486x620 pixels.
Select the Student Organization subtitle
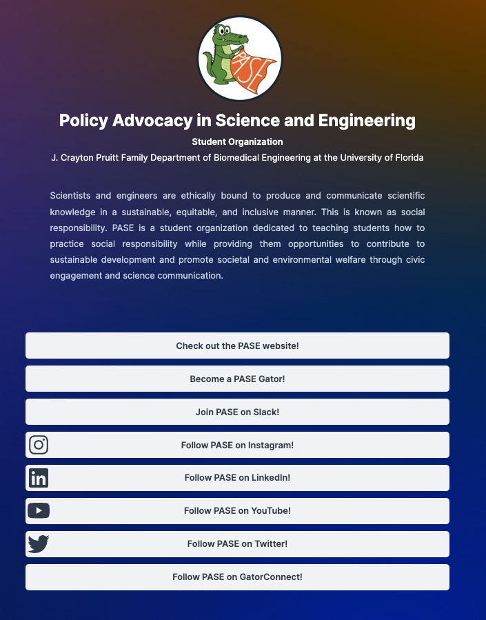pyautogui.click(x=237, y=142)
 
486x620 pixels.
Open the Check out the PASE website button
pyautogui.click(x=237, y=346)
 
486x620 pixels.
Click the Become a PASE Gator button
pyautogui.click(x=237, y=379)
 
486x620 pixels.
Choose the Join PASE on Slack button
pyautogui.click(x=237, y=412)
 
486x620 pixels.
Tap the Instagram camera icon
pyautogui.click(x=39, y=445)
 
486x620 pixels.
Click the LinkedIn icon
pyautogui.click(x=39, y=478)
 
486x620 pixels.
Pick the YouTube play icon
pyautogui.click(x=39, y=511)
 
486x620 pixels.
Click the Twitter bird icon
pyautogui.click(x=39, y=544)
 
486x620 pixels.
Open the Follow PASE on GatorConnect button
pyautogui.click(x=237, y=577)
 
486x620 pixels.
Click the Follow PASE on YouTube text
pyautogui.click(x=237, y=511)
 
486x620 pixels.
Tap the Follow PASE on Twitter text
pyautogui.click(x=237, y=544)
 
